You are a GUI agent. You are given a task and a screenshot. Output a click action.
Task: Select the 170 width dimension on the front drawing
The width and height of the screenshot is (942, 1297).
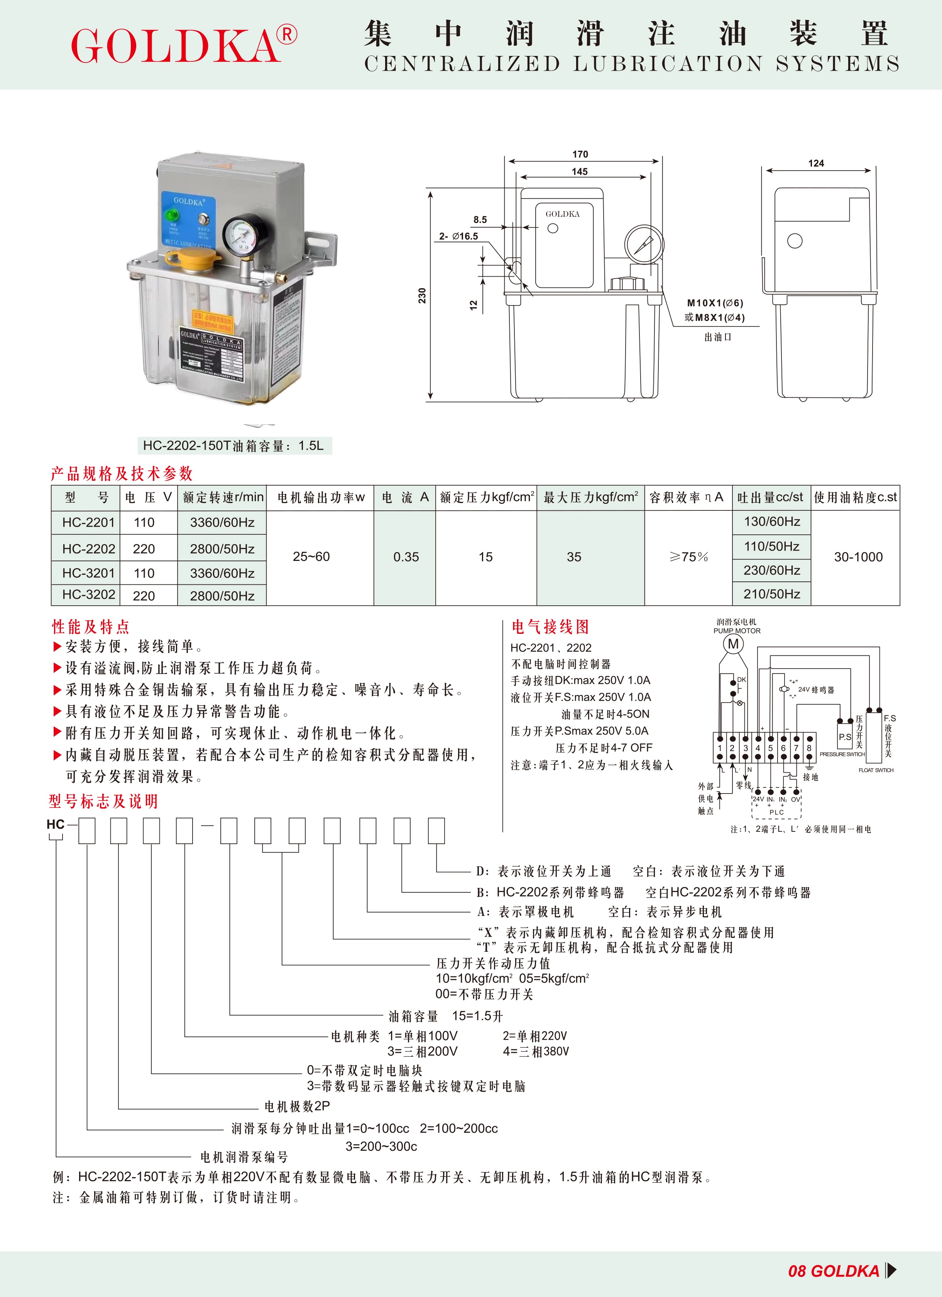tap(580, 154)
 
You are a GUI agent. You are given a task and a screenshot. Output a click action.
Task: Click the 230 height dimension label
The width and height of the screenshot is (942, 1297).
tap(422, 296)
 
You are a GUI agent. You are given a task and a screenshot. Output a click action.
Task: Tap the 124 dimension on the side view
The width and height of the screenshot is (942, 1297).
tap(816, 164)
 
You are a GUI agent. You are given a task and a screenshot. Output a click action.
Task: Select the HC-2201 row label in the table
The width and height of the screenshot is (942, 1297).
tap(89, 522)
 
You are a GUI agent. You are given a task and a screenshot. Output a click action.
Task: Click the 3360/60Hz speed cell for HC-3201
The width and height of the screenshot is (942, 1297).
tap(222, 573)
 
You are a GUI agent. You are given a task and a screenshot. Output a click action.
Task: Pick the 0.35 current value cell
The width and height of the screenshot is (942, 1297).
tap(406, 557)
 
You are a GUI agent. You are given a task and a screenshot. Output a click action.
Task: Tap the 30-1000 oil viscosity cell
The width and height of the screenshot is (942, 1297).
tap(858, 557)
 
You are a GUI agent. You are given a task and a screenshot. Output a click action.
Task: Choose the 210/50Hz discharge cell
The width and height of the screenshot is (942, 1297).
tap(771, 594)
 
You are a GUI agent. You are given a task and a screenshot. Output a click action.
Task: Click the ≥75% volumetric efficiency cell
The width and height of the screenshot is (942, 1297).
tap(688, 557)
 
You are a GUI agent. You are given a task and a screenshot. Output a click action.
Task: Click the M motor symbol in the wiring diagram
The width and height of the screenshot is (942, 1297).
tap(733, 644)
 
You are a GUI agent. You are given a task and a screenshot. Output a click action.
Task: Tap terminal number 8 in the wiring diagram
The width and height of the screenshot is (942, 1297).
tap(809, 748)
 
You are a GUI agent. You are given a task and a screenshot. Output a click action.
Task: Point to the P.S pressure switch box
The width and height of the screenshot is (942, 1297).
tap(845, 737)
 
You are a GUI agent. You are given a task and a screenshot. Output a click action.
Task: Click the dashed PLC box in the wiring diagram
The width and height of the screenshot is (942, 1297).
tap(776, 804)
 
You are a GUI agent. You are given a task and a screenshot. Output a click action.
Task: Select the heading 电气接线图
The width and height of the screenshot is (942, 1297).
tap(550, 627)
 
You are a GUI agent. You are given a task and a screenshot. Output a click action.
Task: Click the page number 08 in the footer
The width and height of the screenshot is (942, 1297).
tap(797, 1271)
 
